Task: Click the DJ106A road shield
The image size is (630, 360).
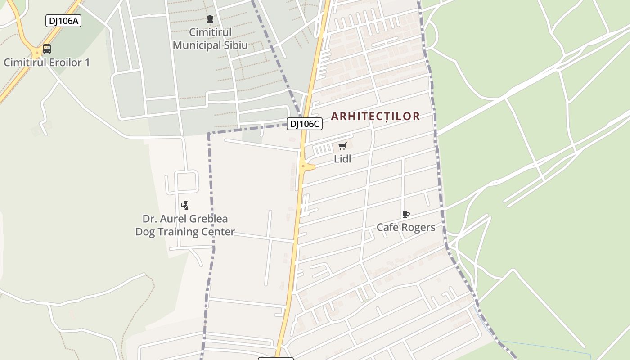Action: pyautogui.click(x=63, y=21)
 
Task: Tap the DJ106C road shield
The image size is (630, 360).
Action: pyautogui.click(x=305, y=124)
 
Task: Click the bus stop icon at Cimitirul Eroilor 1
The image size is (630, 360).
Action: pyautogui.click(x=46, y=49)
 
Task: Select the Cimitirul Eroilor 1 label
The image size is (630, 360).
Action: pyautogui.click(x=47, y=63)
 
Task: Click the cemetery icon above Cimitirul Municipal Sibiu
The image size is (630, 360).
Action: pyautogui.click(x=210, y=19)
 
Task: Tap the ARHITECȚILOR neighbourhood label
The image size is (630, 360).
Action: pyautogui.click(x=375, y=116)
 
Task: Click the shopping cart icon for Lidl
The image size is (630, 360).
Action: pyautogui.click(x=342, y=146)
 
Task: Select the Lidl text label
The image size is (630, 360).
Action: pyautogui.click(x=342, y=159)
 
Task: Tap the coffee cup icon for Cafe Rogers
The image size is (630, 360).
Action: pyautogui.click(x=405, y=214)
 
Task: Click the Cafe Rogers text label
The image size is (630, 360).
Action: pyautogui.click(x=406, y=227)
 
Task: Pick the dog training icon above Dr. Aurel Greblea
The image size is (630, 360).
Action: pyautogui.click(x=184, y=206)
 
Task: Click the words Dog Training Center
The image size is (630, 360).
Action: pyautogui.click(x=185, y=232)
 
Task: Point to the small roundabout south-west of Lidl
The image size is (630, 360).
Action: pyautogui.click(x=304, y=166)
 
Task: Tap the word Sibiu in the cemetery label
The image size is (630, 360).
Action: pyautogui.click(x=235, y=45)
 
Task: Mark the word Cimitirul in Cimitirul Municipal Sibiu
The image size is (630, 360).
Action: pyautogui.click(x=210, y=32)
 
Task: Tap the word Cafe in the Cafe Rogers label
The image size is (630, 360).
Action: pyautogui.click(x=387, y=227)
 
